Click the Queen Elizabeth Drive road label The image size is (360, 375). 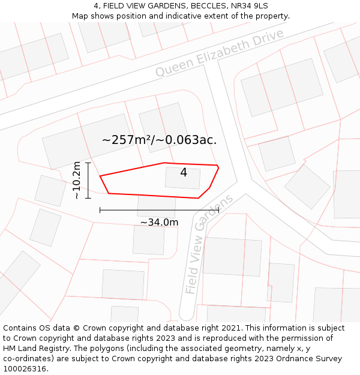[220, 53]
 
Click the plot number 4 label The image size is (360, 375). [184, 173]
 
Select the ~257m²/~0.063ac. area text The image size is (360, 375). [159, 140]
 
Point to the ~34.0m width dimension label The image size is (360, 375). [159, 223]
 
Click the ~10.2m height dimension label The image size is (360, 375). [77, 180]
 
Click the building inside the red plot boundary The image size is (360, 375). [182, 178]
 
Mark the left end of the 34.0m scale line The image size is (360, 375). [100, 210]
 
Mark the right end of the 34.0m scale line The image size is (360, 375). [218, 210]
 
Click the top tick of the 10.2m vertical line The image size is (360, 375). [88, 163]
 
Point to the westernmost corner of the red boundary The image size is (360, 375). [100, 176]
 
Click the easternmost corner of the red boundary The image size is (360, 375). [218, 167]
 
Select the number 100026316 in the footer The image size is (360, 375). [25, 369]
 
